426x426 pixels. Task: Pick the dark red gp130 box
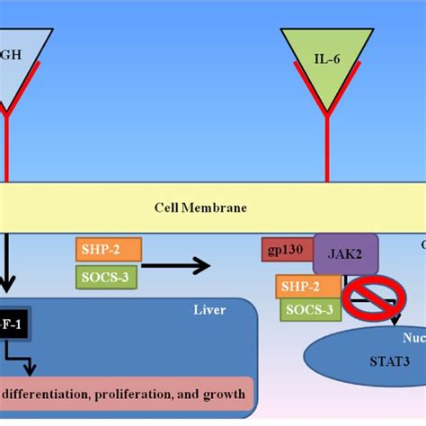[x=286, y=249]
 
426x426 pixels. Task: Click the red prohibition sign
[x=369, y=298]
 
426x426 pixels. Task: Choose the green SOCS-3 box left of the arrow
[x=107, y=276]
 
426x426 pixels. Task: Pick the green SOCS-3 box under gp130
[x=308, y=311]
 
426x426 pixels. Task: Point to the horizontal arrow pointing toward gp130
[x=175, y=265]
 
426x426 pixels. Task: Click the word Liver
[x=209, y=310]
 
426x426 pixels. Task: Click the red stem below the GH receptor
[x=7, y=148]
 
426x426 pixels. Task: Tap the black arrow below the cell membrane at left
[x=7, y=265]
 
